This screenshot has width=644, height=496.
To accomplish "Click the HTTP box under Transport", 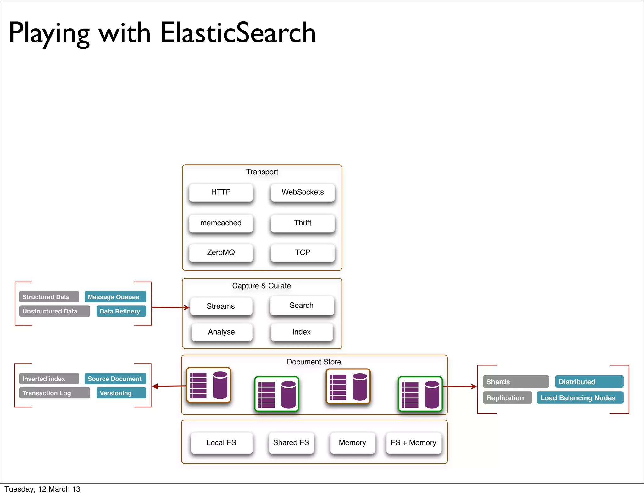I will [x=221, y=192].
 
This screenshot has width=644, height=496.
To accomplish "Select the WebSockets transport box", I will [x=303, y=192].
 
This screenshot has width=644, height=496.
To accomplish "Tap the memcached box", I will [x=221, y=223].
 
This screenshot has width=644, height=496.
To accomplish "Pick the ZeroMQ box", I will [x=221, y=252].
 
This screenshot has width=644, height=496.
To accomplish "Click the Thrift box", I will [x=303, y=223].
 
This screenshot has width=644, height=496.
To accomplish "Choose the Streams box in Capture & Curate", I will [x=221, y=306].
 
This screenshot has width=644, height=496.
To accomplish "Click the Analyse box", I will [x=221, y=332].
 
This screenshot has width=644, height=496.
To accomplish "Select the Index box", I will [x=301, y=332].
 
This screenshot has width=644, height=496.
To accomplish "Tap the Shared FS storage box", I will [x=291, y=443].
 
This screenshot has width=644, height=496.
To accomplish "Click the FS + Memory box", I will [x=414, y=443].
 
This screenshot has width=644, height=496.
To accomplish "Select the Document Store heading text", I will [x=314, y=362].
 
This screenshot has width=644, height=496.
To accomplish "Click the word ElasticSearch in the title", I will [x=238, y=33].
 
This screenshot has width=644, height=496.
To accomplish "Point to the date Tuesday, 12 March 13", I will [x=42, y=489].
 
